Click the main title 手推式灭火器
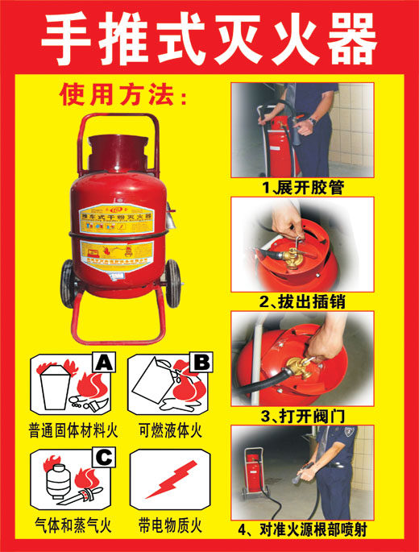coord(209,39)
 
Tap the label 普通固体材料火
coord(73,430)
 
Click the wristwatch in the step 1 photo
coord(312,120)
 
